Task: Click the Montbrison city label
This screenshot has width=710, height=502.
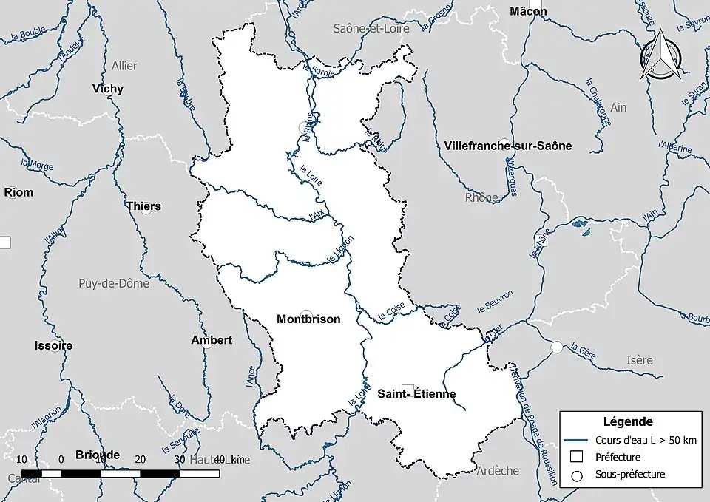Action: coord(308,319)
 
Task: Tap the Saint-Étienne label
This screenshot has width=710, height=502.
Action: coord(416,394)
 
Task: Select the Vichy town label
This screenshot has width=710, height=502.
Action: coord(108,89)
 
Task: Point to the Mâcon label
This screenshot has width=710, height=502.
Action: coord(529,11)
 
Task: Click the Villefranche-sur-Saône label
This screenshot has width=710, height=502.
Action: coord(509,146)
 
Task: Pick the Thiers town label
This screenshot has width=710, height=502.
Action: coord(143,206)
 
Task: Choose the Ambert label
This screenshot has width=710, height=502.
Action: coord(212,340)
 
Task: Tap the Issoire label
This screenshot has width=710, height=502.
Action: coord(53,345)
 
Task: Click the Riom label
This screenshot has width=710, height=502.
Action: coord(19,192)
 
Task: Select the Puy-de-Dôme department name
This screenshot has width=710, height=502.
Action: coord(114,283)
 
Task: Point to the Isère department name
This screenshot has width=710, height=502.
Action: coord(640,360)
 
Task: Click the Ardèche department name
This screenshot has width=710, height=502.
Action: coord(498,471)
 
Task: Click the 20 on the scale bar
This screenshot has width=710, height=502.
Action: coord(141,459)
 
